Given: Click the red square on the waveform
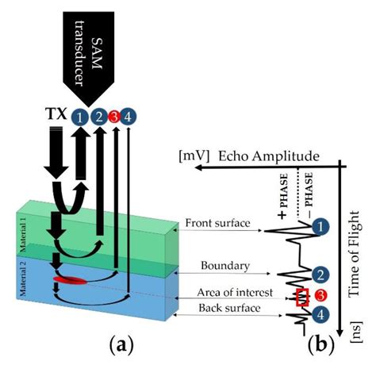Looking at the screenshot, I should tap(301, 298).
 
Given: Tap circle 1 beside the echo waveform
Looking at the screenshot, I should tap(319, 227).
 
